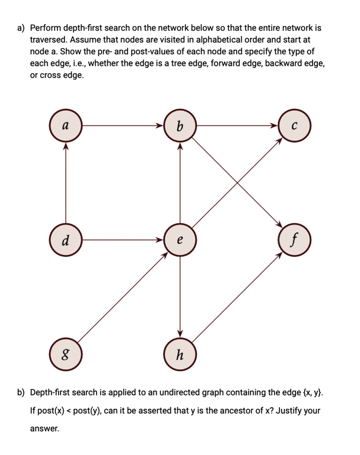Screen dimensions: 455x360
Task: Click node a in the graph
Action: click(66, 126)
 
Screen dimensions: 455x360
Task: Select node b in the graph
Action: click(180, 126)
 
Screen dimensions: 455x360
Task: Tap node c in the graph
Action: click(293, 126)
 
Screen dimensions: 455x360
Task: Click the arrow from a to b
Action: click(123, 126)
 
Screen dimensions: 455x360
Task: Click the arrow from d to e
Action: click(123, 240)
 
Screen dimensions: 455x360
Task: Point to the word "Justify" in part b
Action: click(289, 411)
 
